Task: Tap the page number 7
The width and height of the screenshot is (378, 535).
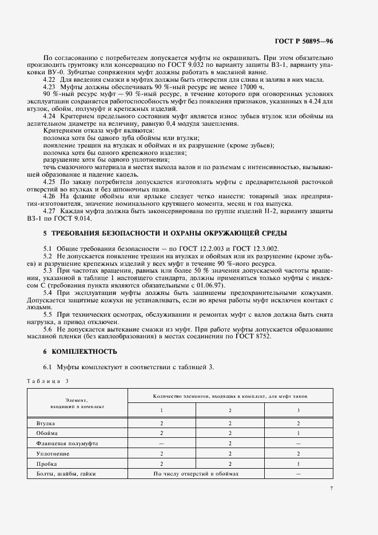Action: click(331, 488)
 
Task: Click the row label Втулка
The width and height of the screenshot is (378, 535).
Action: click(45, 423)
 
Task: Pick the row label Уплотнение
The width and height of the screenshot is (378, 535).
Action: click(52, 453)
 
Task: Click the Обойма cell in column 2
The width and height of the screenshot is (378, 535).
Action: click(229, 433)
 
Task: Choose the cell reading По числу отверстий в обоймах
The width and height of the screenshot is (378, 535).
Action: click(196, 474)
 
